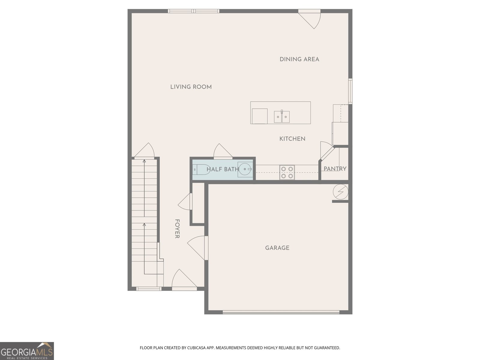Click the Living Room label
click(x=191, y=87)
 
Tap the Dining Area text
click(x=299, y=59)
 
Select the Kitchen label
click(x=292, y=139)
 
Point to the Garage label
click(x=277, y=248)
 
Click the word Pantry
click(x=335, y=169)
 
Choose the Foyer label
click(x=177, y=229)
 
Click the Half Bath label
click(x=223, y=169)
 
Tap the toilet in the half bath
click(x=201, y=169)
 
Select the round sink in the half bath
click(x=245, y=169)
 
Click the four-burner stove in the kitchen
click(x=287, y=172)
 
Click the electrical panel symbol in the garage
click(x=340, y=192)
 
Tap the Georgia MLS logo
click(x=27, y=351)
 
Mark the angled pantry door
click(x=327, y=151)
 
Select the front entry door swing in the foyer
click(x=184, y=280)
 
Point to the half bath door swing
click(x=223, y=151)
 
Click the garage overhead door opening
click(x=281, y=312)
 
